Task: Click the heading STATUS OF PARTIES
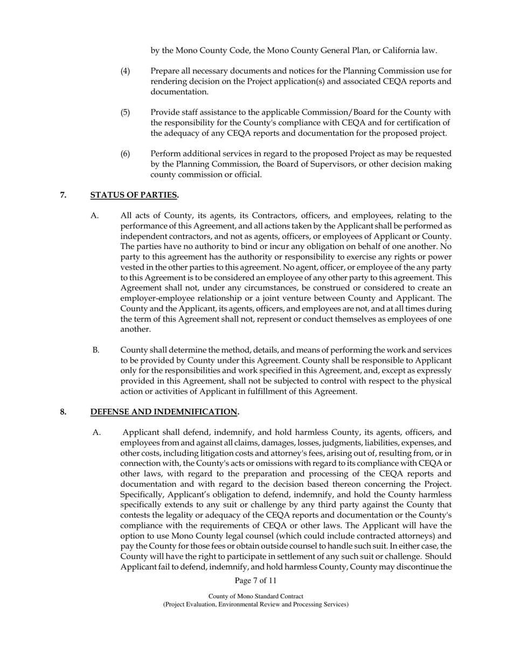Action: click(135, 195)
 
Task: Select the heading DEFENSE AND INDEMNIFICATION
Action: click(164, 412)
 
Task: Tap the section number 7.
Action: click(63, 195)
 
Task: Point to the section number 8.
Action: click(63, 412)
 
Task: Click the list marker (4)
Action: click(125, 71)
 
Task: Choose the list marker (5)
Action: click(125, 113)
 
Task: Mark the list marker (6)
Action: click(125, 154)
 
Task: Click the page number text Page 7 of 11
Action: click(255, 581)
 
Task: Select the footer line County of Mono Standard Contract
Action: click(255, 596)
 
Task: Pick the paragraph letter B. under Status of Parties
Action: click(96, 350)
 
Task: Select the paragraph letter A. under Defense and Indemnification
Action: click(96, 432)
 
